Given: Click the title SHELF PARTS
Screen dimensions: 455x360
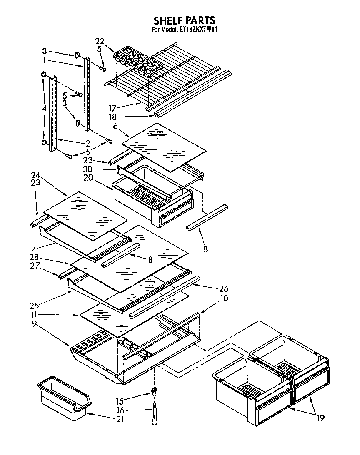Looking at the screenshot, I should [x=184, y=20].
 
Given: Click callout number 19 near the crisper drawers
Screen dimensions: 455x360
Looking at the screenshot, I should [x=320, y=418].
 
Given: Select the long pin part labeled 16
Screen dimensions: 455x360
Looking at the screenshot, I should [x=154, y=416].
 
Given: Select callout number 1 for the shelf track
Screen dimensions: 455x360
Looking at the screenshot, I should [x=45, y=60].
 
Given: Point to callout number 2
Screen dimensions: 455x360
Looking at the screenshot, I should [x=87, y=143].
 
